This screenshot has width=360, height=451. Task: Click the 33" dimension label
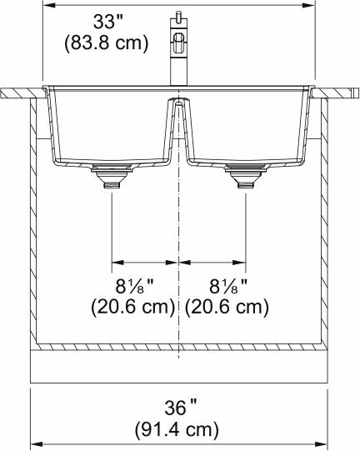pos(108,22)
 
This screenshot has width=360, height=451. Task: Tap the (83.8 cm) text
pos(107,43)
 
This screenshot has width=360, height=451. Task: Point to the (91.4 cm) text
pos(177,429)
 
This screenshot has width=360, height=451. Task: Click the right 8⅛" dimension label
pos(228,286)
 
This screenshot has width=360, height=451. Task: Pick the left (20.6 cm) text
pos(133,307)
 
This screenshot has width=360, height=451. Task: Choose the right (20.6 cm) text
pos(227,307)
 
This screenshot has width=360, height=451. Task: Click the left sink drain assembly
pos(112,176)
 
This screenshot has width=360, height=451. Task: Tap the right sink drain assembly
pos(246,176)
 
